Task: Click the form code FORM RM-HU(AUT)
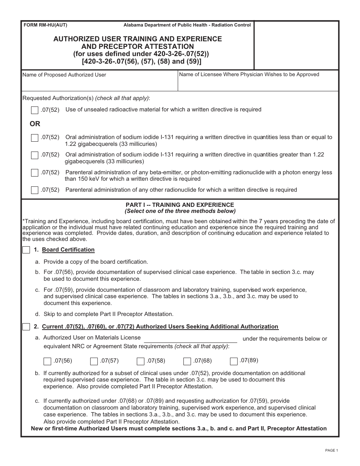click(x=45, y=25)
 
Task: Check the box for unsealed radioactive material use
click(x=34, y=110)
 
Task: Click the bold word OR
click(x=35, y=124)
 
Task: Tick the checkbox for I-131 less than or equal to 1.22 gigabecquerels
click(x=34, y=138)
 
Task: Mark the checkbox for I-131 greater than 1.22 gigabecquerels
click(x=34, y=155)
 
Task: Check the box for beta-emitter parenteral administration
click(x=34, y=173)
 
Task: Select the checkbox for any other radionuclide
click(x=34, y=190)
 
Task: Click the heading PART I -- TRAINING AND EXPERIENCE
click(x=180, y=205)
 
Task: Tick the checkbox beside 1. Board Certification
click(x=26, y=250)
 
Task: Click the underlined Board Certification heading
click(x=68, y=250)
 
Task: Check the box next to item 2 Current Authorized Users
click(x=26, y=327)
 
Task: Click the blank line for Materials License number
click(x=190, y=338)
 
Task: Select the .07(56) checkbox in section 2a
click(x=47, y=361)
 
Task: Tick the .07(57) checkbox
click(x=94, y=361)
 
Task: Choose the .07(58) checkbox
click(x=141, y=361)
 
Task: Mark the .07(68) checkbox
click(x=187, y=361)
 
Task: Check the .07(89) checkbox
click(x=234, y=361)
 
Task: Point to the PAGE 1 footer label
click(x=331, y=450)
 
